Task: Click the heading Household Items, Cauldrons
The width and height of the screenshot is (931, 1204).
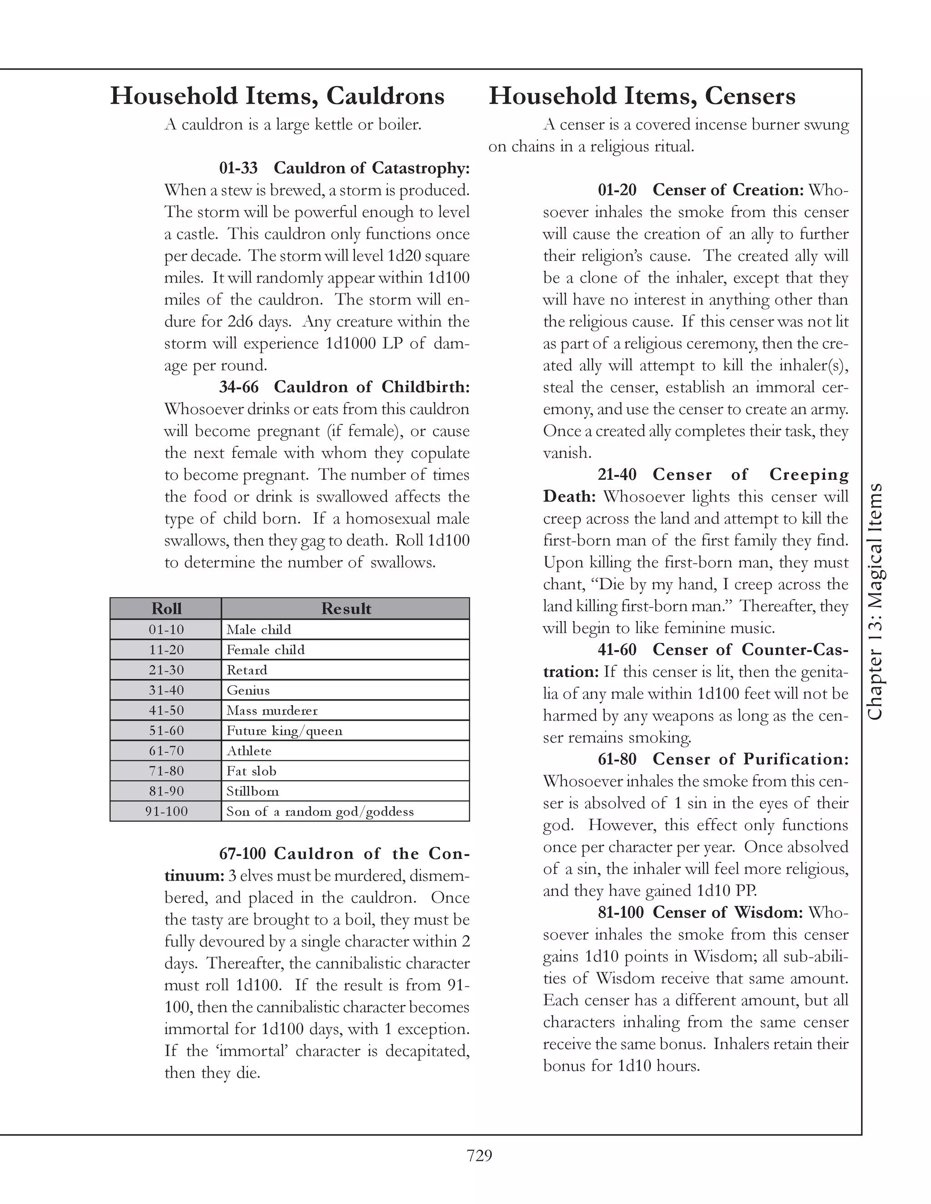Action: [x=277, y=96]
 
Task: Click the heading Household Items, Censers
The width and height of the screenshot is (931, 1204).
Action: [x=641, y=96]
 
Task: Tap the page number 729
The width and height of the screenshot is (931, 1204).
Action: [x=479, y=1155]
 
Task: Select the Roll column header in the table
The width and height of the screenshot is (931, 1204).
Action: [x=166, y=609]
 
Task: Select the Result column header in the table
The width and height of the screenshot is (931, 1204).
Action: [x=346, y=609]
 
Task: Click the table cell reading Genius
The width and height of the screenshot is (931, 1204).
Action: [x=248, y=690]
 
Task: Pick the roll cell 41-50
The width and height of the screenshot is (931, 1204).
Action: [x=166, y=711]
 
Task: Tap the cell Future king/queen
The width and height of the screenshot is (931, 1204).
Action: [x=284, y=731]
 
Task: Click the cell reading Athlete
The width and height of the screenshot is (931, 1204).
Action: [x=249, y=751]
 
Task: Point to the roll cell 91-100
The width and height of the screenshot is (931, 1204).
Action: [x=166, y=811]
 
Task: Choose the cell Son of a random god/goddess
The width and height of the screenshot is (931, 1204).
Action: [x=320, y=811]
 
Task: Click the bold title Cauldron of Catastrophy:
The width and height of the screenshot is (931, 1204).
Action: [x=372, y=168]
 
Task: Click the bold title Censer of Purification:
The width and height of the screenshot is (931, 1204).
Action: [x=751, y=759]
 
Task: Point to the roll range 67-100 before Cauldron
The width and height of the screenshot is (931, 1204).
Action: [x=243, y=854]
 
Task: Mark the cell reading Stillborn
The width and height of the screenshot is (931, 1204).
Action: [x=253, y=791]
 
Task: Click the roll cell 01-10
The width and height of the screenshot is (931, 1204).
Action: [x=166, y=630]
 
